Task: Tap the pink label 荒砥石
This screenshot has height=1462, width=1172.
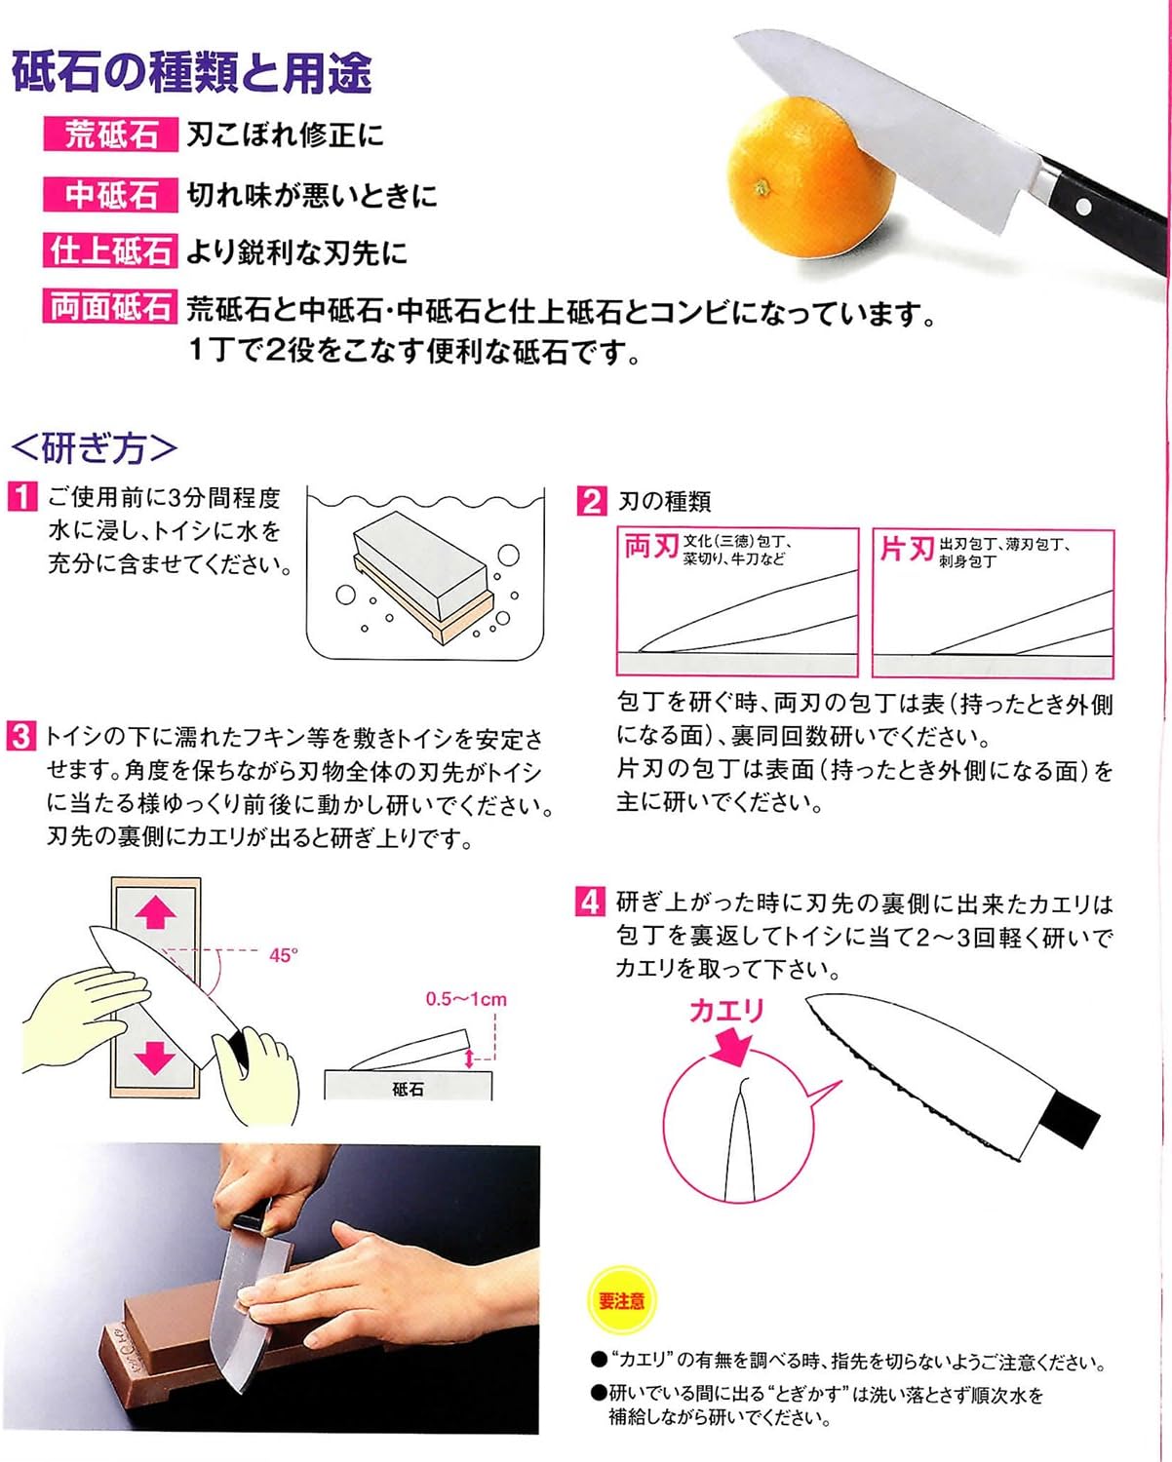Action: point(110,135)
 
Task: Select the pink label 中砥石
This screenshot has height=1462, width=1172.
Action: point(110,195)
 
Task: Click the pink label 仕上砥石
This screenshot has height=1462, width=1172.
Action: point(110,251)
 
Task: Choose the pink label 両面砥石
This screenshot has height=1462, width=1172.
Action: point(110,308)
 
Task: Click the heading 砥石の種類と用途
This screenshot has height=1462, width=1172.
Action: point(192,73)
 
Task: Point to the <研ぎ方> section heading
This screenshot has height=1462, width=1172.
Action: point(95,448)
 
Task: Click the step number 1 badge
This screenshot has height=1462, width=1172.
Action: point(22,497)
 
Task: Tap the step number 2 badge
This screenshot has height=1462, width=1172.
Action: point(591,501)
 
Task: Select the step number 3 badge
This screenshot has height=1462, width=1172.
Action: point(21,736)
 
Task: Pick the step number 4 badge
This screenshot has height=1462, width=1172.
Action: point(589,902)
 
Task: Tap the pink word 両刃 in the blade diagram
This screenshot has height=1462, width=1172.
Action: point(650,547)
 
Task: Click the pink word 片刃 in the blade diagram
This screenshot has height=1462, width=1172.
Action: point(906,549)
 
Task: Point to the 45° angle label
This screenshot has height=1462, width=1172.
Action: point(283,955)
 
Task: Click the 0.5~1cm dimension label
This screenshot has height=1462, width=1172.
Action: point(466,999)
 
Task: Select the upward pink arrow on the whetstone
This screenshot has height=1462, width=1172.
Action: point(155,913)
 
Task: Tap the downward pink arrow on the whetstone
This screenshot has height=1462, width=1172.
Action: point(155,1056)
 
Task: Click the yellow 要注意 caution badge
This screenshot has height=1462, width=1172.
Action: point(622,1301)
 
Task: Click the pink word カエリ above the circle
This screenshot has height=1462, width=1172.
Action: point(726,1011)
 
